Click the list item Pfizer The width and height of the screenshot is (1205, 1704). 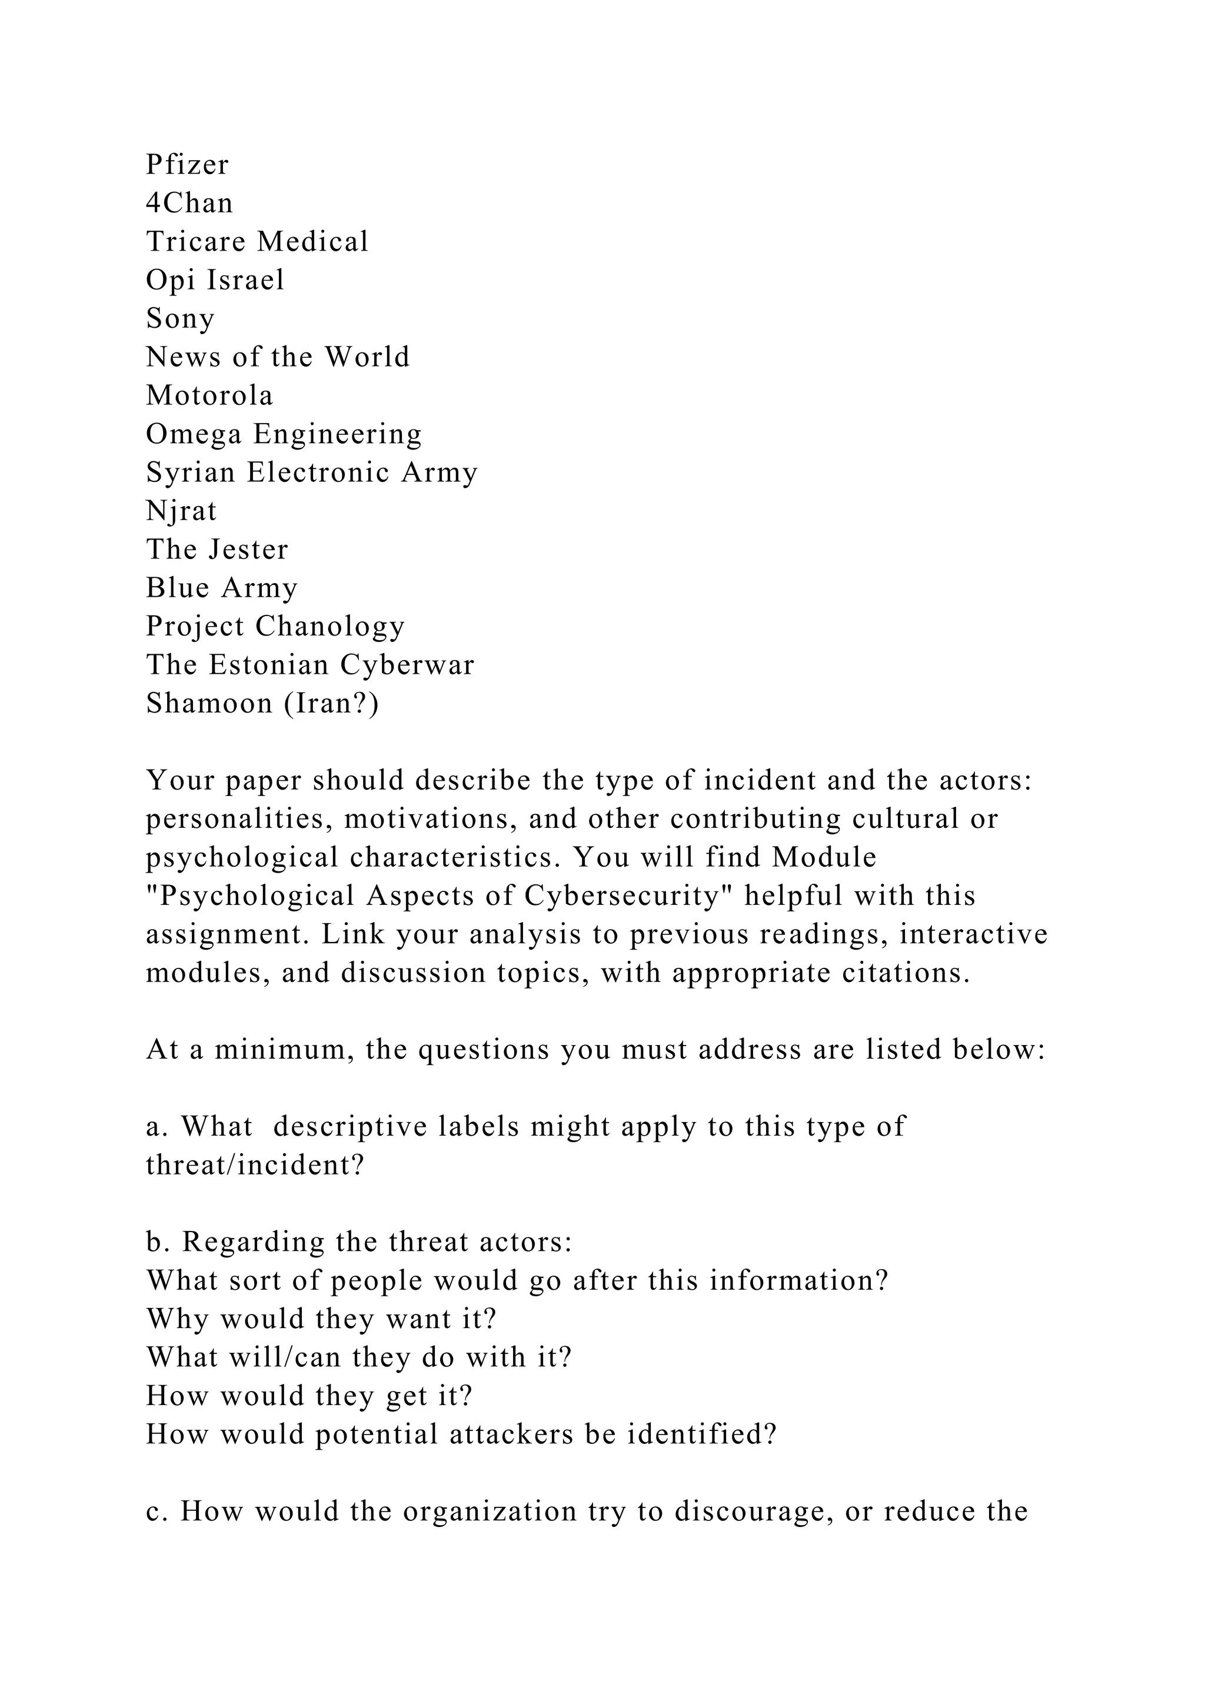187,165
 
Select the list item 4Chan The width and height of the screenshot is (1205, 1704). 189,204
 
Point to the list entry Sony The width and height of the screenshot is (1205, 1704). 180,319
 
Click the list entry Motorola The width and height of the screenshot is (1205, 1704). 209,395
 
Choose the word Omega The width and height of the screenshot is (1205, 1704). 194,434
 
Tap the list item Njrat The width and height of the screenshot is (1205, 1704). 181,511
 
